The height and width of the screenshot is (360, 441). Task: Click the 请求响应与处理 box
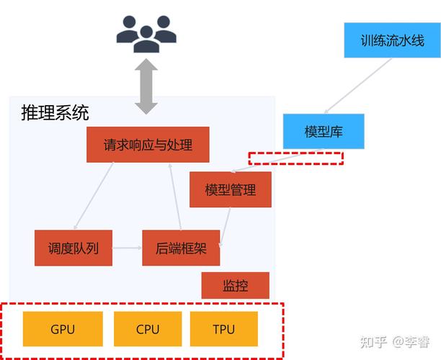(148, 145)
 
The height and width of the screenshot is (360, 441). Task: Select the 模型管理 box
(230, 190)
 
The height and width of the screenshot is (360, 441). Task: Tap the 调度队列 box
(73, 248)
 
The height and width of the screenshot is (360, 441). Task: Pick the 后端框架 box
(181, 248)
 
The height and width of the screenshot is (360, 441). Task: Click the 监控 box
(235, 286)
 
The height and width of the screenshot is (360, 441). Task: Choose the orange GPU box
(63, 330)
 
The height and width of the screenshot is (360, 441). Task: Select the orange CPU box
(147, 330)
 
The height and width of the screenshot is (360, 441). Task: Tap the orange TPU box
(223, 330)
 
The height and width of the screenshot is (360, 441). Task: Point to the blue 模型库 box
(323, 131)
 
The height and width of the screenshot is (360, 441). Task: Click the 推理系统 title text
(55, 113)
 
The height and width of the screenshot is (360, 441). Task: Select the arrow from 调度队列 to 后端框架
(127, 248)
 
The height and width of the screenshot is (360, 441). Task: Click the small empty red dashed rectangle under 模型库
(295, 158)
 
